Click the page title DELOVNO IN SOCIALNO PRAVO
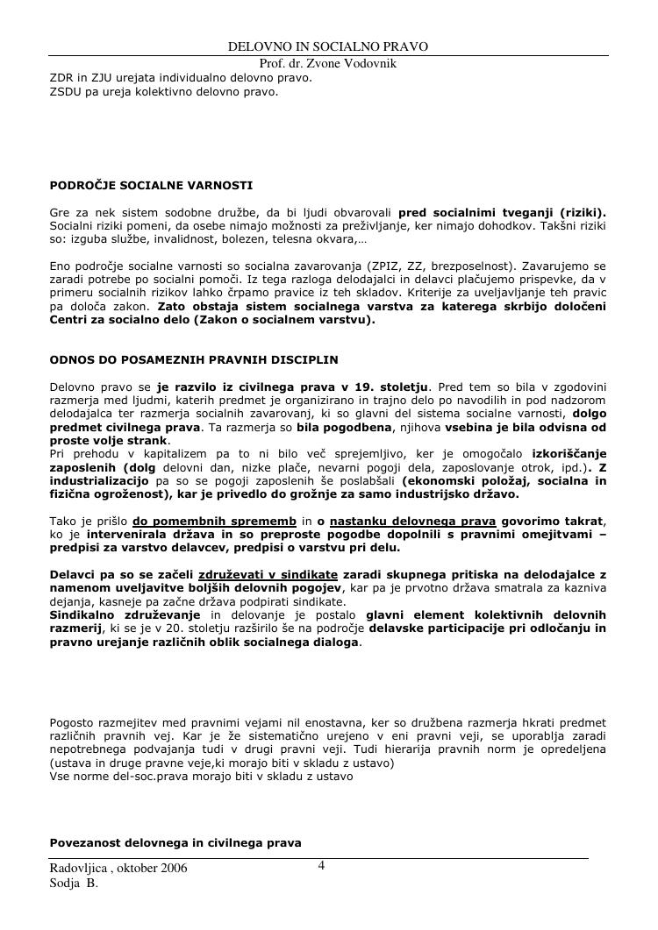coord(328,46)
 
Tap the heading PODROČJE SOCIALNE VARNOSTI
coord(152,186)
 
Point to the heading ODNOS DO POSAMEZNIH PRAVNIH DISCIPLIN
coord(194,359)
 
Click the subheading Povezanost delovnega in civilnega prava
coord(175,842)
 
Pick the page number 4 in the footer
coord(321,866)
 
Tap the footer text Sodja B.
coord(74,884)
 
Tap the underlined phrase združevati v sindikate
coord(254,574)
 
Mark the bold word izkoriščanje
coord(569,453)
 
